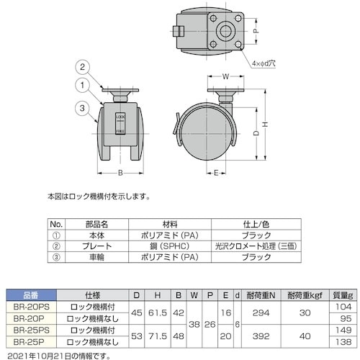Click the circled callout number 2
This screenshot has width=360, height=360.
point(82,67)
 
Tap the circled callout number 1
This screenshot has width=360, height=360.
point(82,85)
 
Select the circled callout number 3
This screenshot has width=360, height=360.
point(82,108)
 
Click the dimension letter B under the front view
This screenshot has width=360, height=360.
point(120,173)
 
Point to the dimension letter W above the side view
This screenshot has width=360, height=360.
point(225,76)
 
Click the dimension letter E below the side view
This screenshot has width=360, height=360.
point(216,173)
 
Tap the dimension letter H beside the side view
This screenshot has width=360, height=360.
point(265,125)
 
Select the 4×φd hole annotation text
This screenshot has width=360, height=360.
point(264,63)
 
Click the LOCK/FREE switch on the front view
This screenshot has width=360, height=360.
point(120,123)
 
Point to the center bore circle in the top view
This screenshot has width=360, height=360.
point(225,31)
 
